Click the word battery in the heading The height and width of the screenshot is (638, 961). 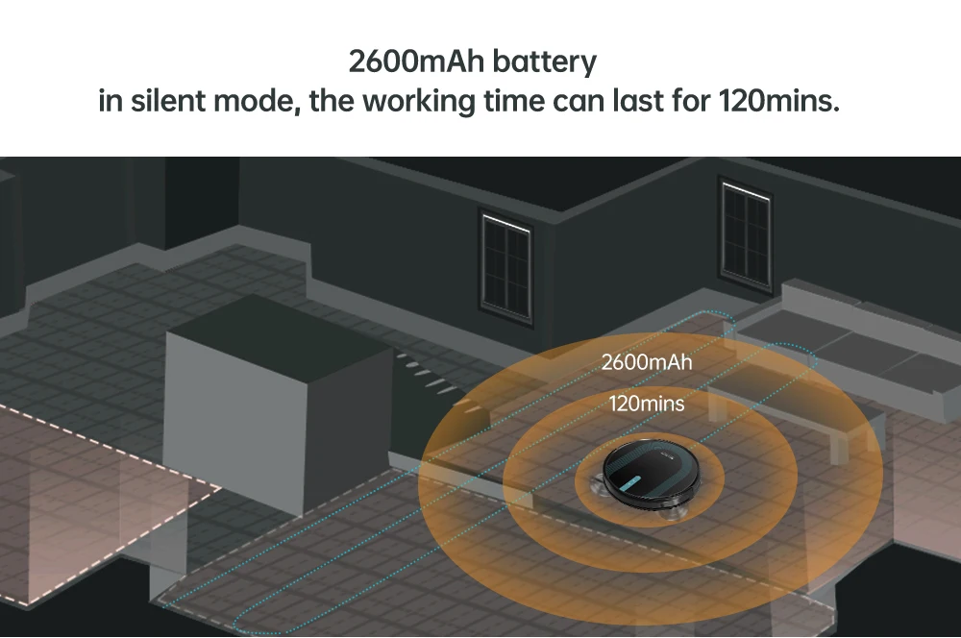[x=544, y=63]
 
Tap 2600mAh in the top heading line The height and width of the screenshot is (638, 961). [x=417, y=63]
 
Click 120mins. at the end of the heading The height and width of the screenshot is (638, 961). [x=779, y=100]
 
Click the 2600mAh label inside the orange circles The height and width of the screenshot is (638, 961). [x=646, y=363]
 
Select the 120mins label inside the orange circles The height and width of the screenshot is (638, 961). [x=647, y=404]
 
